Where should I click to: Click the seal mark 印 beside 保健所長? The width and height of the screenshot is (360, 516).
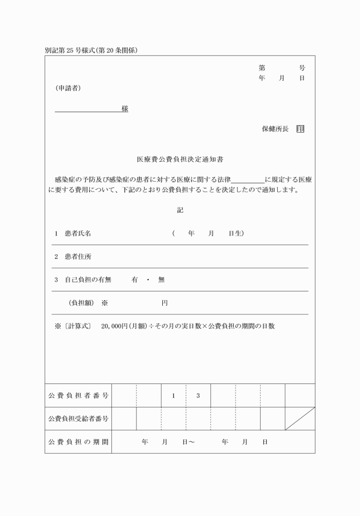(301, 129)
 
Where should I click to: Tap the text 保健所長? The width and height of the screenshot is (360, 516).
(275, 129)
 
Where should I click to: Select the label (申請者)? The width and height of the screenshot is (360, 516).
(68, 88)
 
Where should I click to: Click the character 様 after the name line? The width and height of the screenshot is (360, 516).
(125, 109)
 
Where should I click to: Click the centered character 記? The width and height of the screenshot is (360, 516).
(180, 210)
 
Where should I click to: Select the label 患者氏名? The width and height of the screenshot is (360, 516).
(78, 234)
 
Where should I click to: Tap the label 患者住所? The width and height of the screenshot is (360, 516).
(78, 257)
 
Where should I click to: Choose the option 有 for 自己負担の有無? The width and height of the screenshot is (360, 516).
(135, 279)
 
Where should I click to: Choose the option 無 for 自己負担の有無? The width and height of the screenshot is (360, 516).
(161, 279)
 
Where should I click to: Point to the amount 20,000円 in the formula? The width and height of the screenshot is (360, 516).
(117, 326)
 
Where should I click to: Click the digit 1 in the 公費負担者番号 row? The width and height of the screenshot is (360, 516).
(173, 395)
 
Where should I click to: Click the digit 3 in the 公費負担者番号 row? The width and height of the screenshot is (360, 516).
(198, 395)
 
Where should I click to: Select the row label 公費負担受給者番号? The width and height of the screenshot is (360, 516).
(78, 419)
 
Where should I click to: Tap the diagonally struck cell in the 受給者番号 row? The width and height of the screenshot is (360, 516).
(300, 418)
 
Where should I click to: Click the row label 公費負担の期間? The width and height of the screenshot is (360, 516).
(78, 442)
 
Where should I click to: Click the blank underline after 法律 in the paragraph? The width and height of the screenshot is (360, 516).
(248, 179)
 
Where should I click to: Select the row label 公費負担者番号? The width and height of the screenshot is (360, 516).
(78, 395)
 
